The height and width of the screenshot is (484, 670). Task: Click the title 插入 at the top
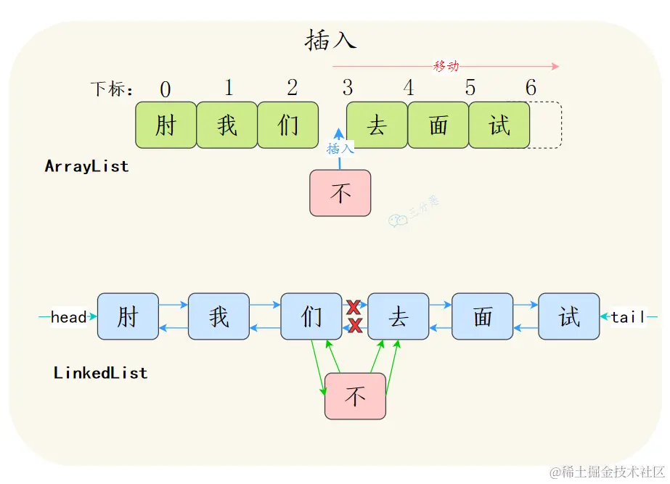click(330, 40)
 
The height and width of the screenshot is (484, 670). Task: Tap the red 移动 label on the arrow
click(446, 66)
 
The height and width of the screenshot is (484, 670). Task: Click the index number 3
click(348, 89)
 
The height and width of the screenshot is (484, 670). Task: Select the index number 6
click(531, 89)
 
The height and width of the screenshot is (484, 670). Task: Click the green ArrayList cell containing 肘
click(166, 126)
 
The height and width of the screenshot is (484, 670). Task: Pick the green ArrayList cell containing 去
click(377, 126)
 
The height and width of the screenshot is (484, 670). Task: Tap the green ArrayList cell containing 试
click(499, 126)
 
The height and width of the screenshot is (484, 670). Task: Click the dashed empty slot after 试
click(545, 126)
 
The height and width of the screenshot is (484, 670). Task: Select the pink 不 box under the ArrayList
click(340, 193)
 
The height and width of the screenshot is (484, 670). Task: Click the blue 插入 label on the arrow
click(340, 149)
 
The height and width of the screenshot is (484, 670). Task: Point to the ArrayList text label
click(86, 166)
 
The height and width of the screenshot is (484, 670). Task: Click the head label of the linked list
click(69, 317)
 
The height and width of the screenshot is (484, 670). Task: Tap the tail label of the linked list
click(627, 317)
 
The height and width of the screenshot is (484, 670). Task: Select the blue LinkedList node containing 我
click(218, 316)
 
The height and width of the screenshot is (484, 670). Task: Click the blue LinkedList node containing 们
click(311, 316)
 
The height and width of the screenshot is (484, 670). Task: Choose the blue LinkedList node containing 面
click(482, 316)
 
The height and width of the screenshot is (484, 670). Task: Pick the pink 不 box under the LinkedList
click(355, 396)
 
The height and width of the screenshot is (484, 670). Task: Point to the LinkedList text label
click(100, 373)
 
